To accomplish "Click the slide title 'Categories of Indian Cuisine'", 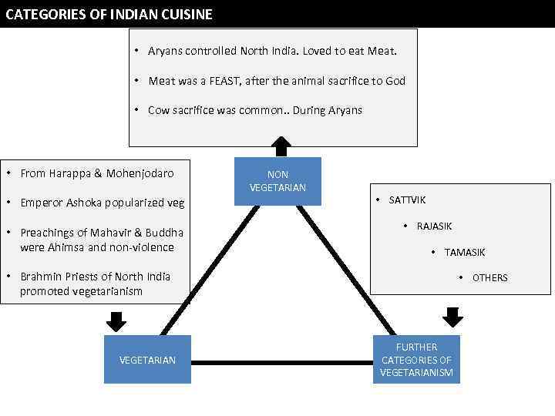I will click(x=109, y=14).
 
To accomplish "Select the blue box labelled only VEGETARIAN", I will click(x=147, y=360).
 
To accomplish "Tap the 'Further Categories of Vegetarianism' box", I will click(x=416, y=360).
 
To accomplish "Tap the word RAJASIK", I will click(x=434, y=226).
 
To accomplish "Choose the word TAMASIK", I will click(x=465, y=253).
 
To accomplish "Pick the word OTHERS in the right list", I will click(x=489, y=278).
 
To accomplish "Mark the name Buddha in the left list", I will click(x=165, y=233).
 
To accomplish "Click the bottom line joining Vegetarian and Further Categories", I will click(x=281, y=362).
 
